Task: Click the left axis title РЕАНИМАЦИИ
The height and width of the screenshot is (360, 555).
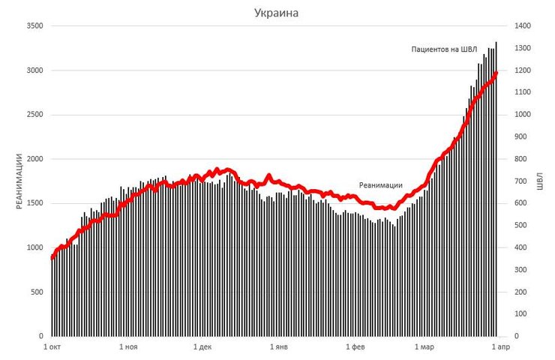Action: coord(20,181)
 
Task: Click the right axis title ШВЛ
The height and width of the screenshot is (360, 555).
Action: coord(539,181)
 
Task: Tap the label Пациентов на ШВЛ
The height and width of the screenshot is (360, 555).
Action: coord(443,49)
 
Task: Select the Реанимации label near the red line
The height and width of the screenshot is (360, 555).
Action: coord(381,184)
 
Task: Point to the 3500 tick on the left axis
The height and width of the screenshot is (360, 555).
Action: coord(34,26)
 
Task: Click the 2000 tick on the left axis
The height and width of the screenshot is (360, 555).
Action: coord(34,159)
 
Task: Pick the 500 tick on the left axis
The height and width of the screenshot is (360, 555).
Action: coord(37,292)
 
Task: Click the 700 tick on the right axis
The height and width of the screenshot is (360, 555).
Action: coord(519,181)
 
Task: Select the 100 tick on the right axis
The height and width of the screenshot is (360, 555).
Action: coord(519,313)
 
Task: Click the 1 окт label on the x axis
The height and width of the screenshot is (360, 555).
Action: coord(52,347)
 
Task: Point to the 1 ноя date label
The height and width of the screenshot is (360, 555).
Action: coord(127,347)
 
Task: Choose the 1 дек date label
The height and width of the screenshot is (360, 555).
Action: coord(202,347)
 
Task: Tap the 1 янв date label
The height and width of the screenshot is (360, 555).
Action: coord(277,347)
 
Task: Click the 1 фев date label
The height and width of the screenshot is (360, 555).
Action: coord(354,347)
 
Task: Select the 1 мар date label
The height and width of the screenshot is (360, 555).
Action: coord(424,347)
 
